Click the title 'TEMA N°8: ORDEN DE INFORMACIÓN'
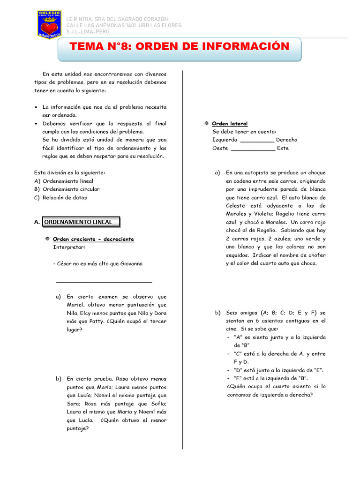pos(180,47)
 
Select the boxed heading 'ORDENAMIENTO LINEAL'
pos(81,222)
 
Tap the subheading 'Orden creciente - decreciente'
pos(93,239)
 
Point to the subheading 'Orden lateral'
pos(230,124)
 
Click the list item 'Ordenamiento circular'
pos(71,189)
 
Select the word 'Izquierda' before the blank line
pos(225,140)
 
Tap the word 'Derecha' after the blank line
pos(286,140)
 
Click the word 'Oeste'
pos(220,148)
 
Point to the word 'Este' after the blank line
pos(283,148)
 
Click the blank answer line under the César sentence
pos(104,282)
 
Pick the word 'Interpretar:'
pos(69,247)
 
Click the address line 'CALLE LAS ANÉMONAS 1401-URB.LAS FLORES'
pos(123,25)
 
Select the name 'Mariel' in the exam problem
pos(76,305)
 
